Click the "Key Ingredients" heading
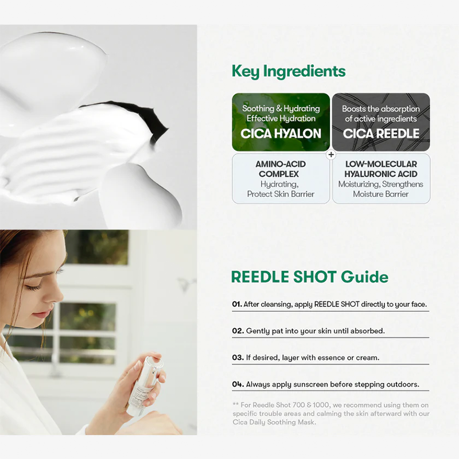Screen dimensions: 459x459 289,71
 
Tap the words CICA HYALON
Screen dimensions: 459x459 281,134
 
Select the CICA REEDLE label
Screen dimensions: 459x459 381,134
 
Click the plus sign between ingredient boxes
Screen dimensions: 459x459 331,154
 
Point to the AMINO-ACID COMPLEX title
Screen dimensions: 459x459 281,169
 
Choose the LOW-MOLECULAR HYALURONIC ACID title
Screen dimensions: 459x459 381,169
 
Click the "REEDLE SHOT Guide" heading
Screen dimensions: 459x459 310,277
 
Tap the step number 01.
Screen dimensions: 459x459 237,304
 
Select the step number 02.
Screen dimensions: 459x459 238,331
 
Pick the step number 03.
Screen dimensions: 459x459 238,357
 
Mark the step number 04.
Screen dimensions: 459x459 238,384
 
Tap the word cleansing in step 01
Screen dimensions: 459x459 277,305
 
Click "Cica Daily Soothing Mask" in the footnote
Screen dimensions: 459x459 274,422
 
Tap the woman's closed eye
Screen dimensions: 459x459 33,287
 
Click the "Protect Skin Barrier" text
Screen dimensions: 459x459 281,194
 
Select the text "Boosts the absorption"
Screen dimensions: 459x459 381,109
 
